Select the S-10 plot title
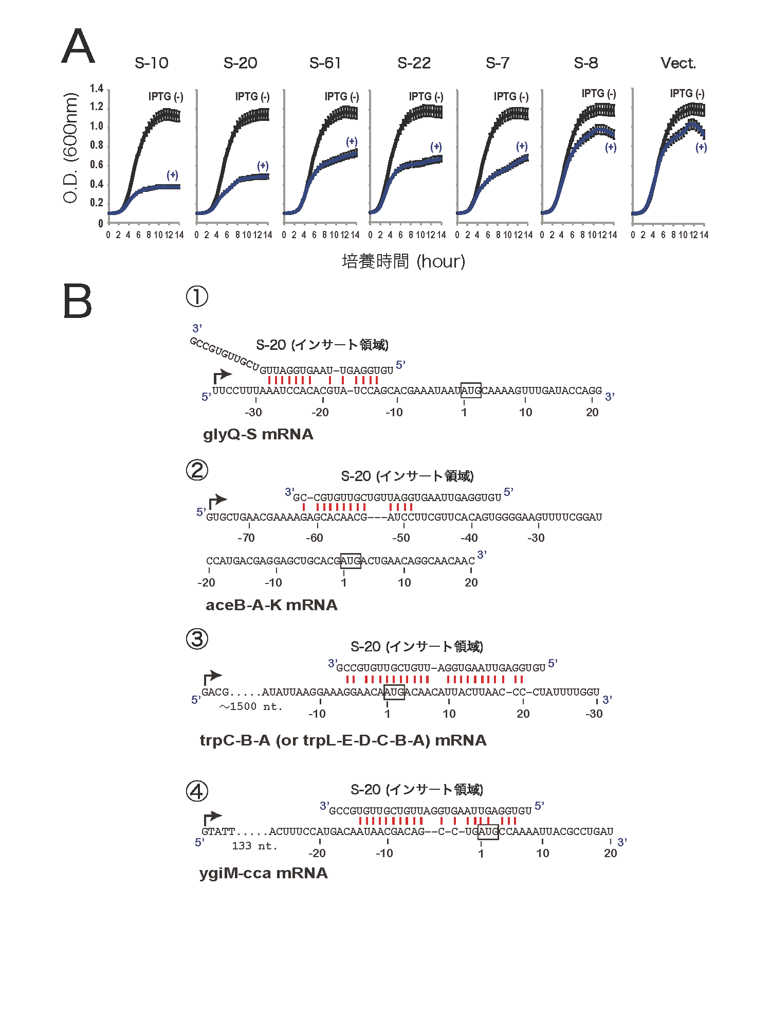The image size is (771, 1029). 151,63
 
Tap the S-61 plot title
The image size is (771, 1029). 325,63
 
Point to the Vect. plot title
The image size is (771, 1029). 678,63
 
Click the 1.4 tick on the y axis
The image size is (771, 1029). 97,88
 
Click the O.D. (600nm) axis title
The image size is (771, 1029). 70,148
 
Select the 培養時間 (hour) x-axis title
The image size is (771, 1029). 403,261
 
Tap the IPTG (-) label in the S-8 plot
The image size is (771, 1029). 599,94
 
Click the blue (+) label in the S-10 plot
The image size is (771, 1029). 172,175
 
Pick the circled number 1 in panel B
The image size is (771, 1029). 197,296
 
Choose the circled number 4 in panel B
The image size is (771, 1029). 197,791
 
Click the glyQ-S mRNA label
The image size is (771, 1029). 258,434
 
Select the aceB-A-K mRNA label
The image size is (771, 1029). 271,605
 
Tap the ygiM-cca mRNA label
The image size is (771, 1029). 263,873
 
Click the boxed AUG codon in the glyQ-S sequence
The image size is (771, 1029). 471,391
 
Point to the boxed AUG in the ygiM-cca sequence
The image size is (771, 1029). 488,831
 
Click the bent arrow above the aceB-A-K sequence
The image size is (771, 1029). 217,501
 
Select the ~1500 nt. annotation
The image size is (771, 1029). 251,706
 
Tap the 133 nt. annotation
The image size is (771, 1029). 254,846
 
